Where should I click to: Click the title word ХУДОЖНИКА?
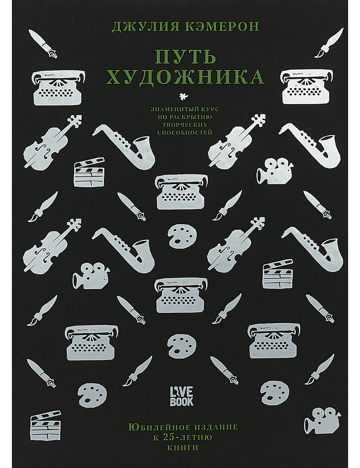pos(185,77)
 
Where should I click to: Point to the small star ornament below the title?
pos(183,97)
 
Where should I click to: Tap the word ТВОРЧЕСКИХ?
pos(185,125)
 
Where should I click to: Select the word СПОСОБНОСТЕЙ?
pos(185,132)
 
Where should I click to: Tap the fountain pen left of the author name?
pos(43,44)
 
